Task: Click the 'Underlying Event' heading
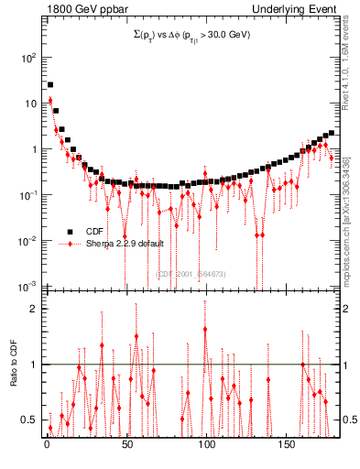(299, 8)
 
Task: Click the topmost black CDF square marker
(50, 85)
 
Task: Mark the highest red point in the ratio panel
(205, 330)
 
